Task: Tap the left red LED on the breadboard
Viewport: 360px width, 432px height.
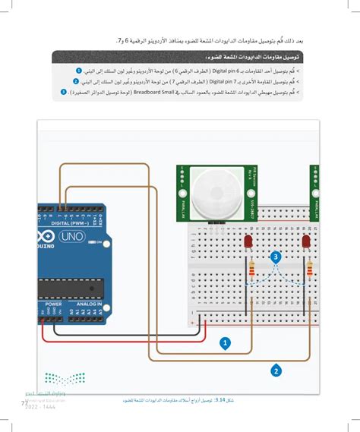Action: (248, 241)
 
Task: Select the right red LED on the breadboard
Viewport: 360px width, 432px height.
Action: (306, 241)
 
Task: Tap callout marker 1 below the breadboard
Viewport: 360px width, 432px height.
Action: (225, 342)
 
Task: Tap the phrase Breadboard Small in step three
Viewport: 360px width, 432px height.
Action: (157, 93)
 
